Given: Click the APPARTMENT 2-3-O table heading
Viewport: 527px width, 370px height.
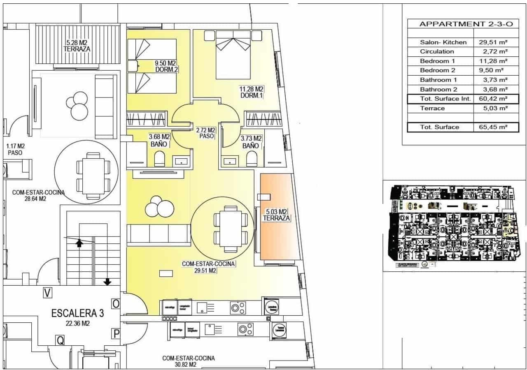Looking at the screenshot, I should coord(466,24).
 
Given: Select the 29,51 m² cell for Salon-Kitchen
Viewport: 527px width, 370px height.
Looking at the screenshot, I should coord(492,42).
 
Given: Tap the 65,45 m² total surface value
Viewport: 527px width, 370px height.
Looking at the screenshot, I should coord(492,127).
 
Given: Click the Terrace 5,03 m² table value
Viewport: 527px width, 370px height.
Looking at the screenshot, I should coord(494,108).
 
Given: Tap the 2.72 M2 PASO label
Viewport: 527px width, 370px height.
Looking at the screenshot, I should coord(206,133).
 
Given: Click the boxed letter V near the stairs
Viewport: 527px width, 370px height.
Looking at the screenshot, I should coord(48,293).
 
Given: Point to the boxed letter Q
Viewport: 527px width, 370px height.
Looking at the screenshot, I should coord(61,340).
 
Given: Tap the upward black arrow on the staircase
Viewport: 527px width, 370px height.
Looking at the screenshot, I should coord(79,243).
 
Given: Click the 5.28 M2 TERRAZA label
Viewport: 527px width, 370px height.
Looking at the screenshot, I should coord(77,45).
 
